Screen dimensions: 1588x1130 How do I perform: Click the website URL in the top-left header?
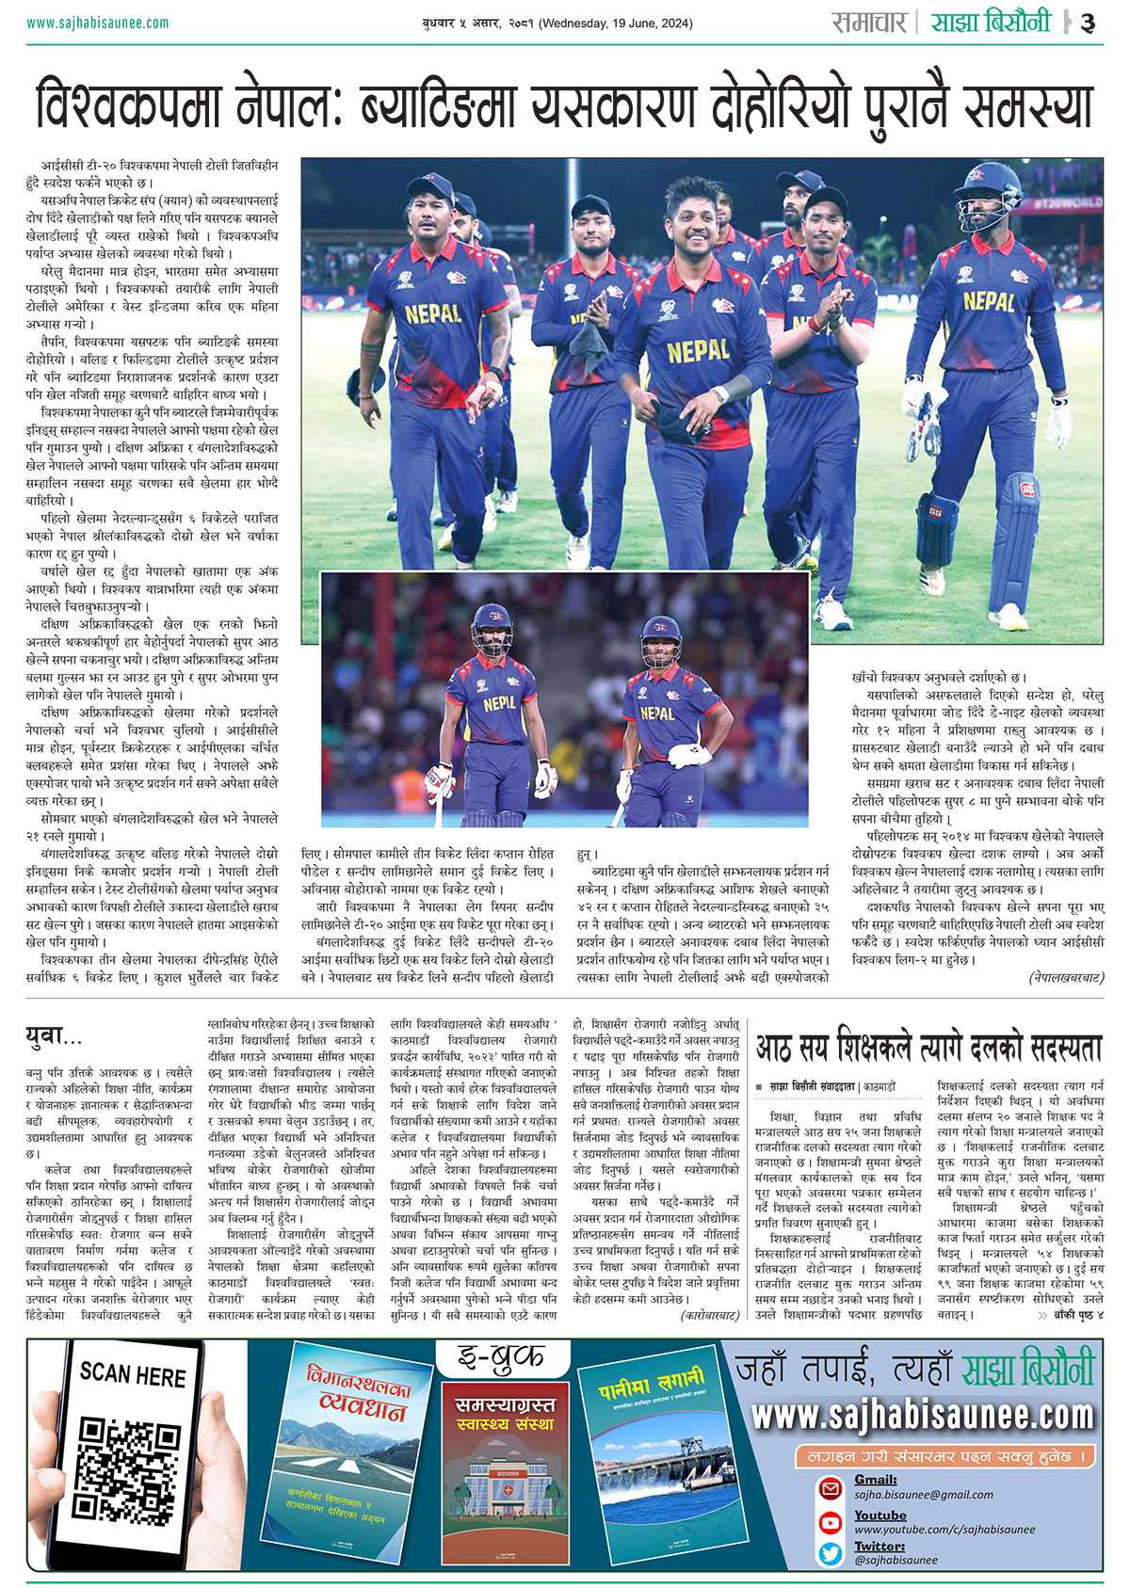(x=98, y=23)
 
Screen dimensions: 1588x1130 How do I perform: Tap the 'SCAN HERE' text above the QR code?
(x=132, y=1376)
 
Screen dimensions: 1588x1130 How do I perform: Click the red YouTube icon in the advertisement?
(x=831, y=1522)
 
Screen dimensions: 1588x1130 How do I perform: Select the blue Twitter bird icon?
(x=831, y=1553)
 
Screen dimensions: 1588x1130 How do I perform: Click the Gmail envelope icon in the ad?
(x=831, y=1488)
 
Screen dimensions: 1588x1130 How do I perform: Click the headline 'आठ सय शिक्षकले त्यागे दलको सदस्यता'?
(x=928, y=1047)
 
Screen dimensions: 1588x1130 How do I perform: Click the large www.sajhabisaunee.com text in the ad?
(x=923, y=1415)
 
